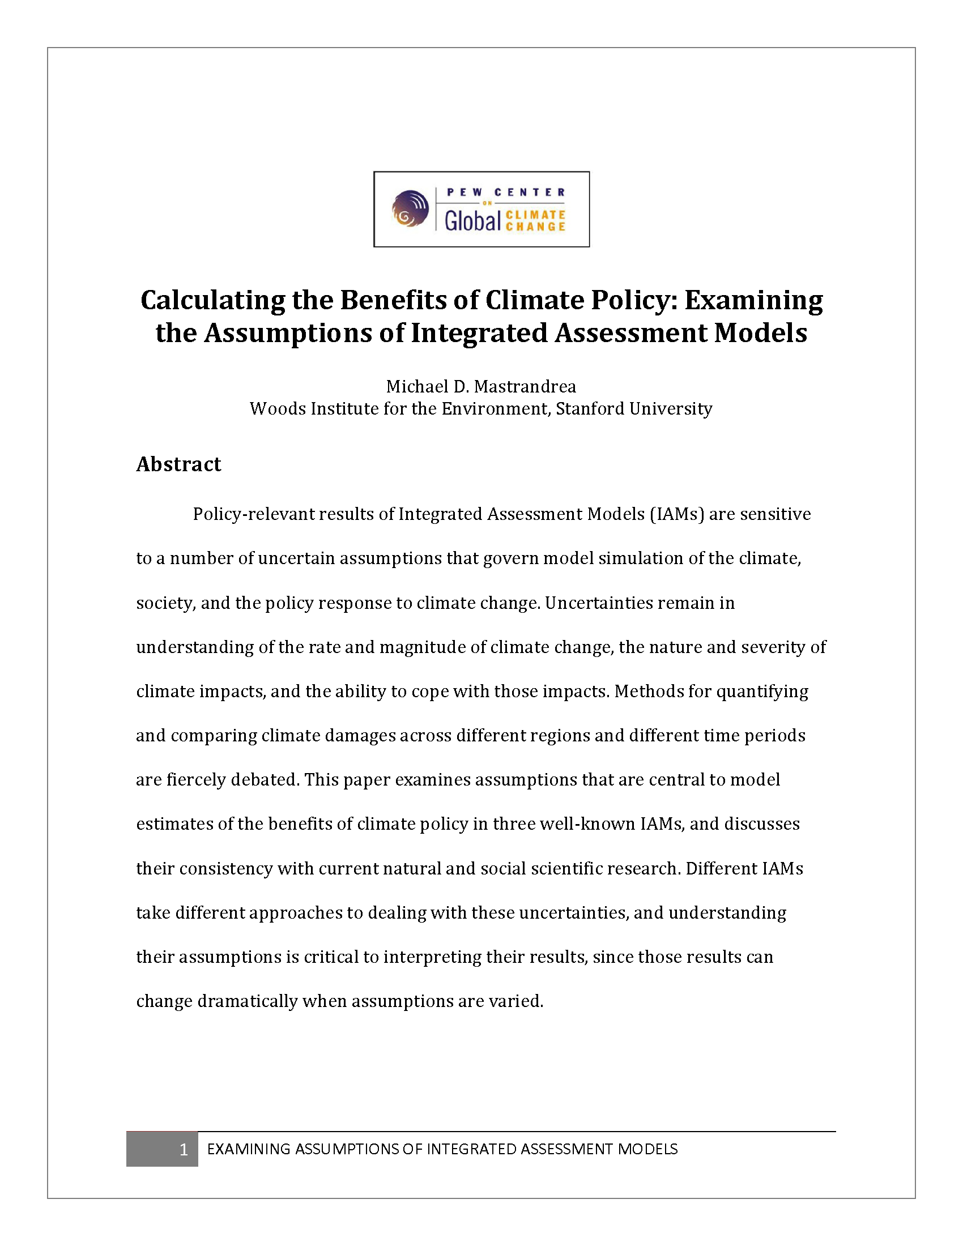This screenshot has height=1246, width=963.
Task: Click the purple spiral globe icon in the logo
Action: coord(410,208)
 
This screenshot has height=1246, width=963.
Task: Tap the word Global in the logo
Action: coord(472,221)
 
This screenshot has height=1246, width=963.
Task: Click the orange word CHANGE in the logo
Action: coord(535,227)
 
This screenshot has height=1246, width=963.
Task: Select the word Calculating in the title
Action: coord(212,300)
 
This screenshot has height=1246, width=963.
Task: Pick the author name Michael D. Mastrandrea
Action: coord(481,387)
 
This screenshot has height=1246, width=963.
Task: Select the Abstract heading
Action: coord(178,464)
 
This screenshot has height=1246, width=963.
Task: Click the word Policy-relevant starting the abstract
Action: coord(253,514)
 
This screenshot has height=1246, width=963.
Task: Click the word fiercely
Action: coord(196,779)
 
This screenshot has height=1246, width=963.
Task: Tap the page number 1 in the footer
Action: coord(183,1149)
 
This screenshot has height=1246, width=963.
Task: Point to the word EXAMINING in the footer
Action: coord(249,1149)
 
